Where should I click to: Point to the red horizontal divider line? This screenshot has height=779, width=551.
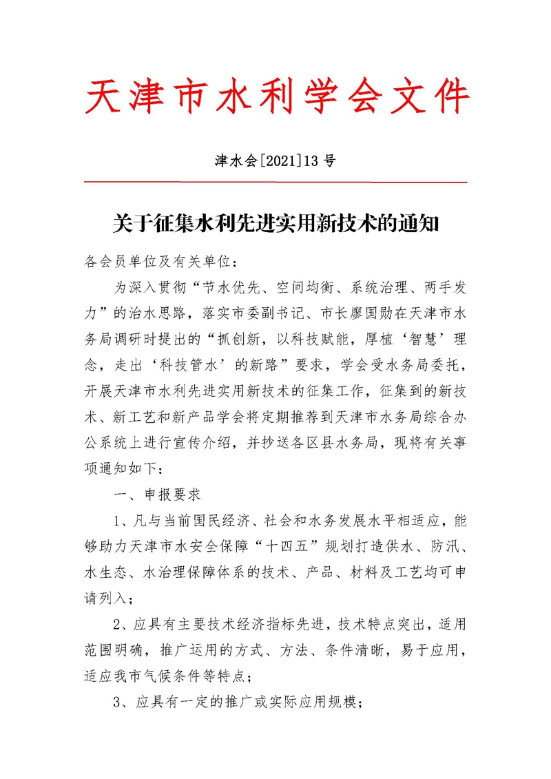tap(275, 182)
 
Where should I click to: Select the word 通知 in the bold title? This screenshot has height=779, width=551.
tap(417, 224)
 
